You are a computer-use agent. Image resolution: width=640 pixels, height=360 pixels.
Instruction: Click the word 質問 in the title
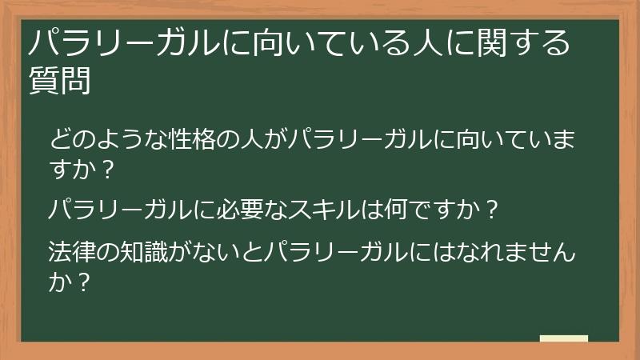pyautogui.click(x=58, y=81)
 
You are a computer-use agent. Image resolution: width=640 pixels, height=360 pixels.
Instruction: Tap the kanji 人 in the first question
pyautogui.click(x=246, y=141)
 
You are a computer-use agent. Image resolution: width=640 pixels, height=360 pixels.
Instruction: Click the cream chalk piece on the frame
pyautogui.click(x=564, y=339)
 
